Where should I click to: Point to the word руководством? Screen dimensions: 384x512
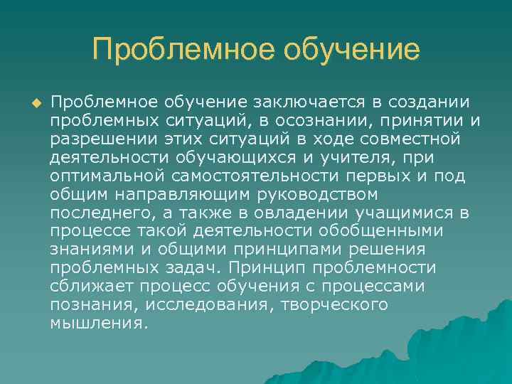pyautogui.click(x=303, y=193)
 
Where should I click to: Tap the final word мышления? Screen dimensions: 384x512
pyautogui.click(x=98, y=323)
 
